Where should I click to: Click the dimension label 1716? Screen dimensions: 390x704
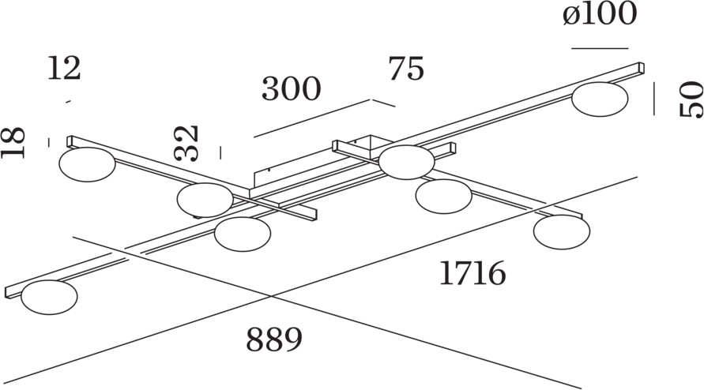[x=472, y=273]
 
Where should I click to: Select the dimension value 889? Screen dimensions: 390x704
[x=274, y=340]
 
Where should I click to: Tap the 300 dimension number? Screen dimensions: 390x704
[x=292, y=90]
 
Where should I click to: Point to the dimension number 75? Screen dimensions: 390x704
[x=406, y=69]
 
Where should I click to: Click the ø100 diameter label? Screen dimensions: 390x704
[x=600, y=15]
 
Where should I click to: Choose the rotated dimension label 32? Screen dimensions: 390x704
[x=187, y=143]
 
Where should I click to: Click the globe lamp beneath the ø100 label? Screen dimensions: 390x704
[x=600, y=99]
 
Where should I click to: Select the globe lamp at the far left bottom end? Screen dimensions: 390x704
[x=50, y=298]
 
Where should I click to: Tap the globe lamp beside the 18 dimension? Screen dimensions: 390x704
[x=87, y=165]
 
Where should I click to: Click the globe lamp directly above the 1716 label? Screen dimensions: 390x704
[x=561, y=231]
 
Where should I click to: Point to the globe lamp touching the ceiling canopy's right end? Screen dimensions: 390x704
[x=406, y=162]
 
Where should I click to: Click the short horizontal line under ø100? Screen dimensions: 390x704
[x=600, y=49]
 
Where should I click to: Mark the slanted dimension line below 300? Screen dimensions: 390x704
[x=312, y=118]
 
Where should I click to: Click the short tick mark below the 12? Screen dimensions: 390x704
[x=69, y=101]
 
